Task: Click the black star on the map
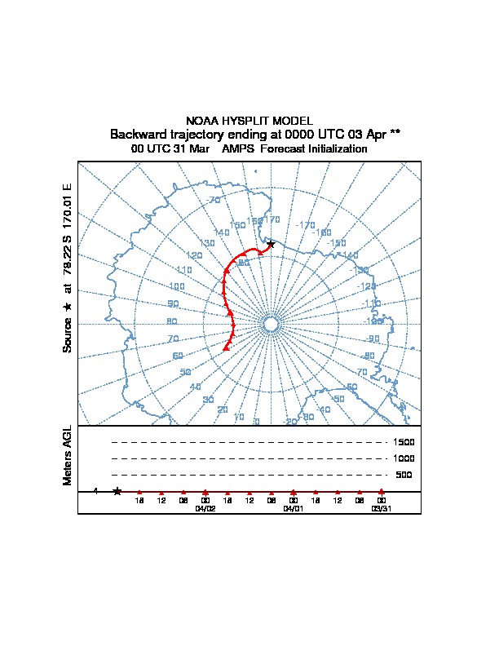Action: tap(271, 244)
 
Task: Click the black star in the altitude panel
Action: tap(117, 491)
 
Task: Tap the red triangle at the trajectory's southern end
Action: tap(226, 348)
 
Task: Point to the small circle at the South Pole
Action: tap(272, 325)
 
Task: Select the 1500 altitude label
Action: tap(404, 443)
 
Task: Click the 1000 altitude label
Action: tap(404, 459)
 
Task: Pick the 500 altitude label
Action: tap(404, 475)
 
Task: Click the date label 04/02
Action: tap(205, 508)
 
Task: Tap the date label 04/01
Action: tap(293, 508)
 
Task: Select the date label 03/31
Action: tap(381, 508)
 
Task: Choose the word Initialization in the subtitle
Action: tap(335, 149)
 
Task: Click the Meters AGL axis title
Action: tap(68, 455)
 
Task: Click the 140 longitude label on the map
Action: tap(221, 233)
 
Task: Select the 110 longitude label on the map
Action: tap(183, 270)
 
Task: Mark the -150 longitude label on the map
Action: tap(337, 243)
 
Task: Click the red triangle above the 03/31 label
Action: tap(381, 491)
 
